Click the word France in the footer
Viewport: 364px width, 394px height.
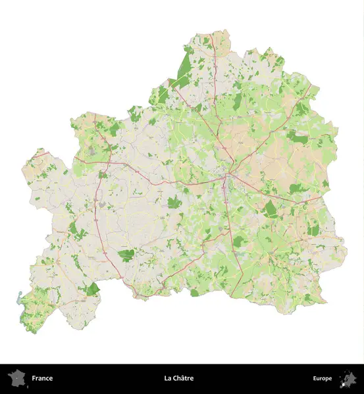(42, 378)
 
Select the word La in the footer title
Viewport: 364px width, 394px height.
(168, 378)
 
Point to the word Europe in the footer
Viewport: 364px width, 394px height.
(323, 378)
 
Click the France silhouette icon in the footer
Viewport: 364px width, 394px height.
(16, 378)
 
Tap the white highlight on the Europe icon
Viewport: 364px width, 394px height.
(343, 383)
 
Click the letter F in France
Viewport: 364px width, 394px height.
(33, 378)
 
